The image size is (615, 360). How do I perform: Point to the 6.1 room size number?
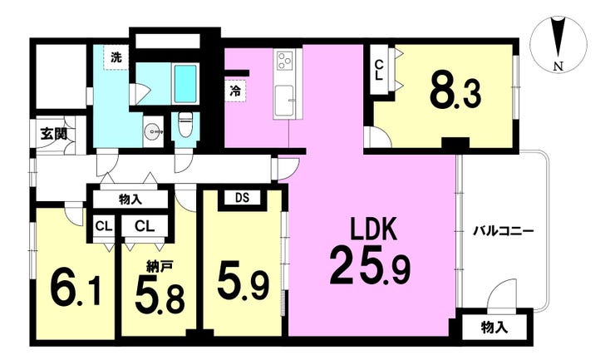(x=76, y=288)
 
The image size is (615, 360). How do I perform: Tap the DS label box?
(x=243, y=198)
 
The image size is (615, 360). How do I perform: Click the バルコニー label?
(x=503, y=231)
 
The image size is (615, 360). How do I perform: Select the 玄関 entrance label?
(x=54, y=135)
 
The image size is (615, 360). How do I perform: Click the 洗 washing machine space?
(x=116, y=57)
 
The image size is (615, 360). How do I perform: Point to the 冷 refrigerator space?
(x=235, y=91)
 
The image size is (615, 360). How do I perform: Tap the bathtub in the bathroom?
(x=185, y=84)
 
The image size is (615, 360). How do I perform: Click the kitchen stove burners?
(x=285, y=61)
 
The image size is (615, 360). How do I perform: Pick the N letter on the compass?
(x=558, y=67)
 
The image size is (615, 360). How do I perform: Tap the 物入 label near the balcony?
(x=494, y=328)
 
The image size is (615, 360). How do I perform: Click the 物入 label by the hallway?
(x=130, y=200)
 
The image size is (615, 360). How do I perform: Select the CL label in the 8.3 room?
(x=378, y=70)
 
